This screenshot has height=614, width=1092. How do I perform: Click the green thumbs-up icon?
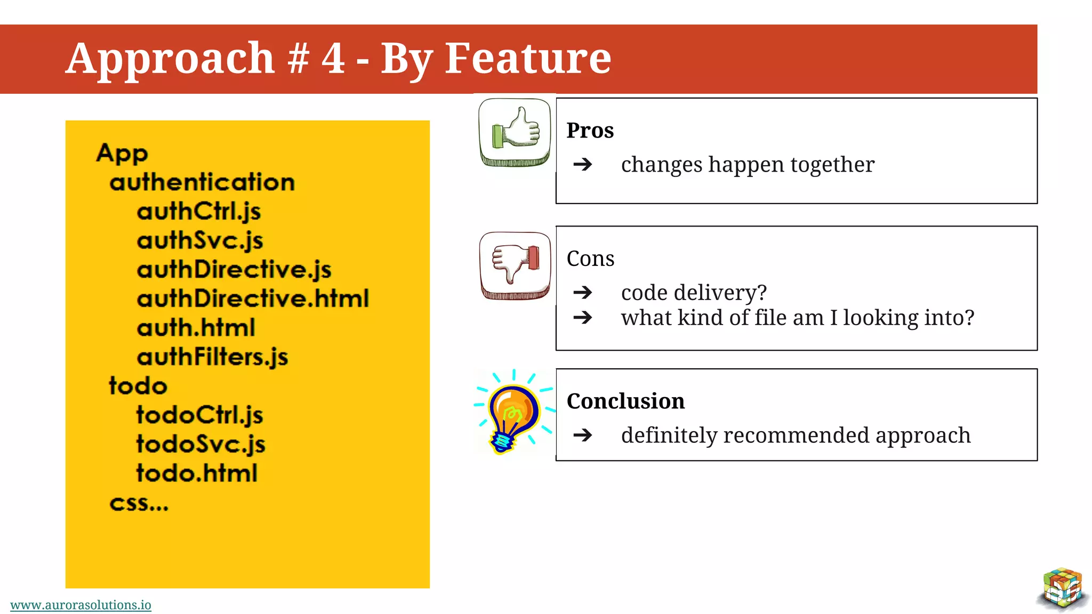pos(515,132)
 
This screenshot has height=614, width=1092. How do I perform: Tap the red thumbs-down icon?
pos(515,265)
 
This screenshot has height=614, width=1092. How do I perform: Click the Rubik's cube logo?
pos(1063,588)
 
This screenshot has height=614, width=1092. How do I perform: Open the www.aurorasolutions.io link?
pos(81,605)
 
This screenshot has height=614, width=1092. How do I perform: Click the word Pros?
pos(590,131)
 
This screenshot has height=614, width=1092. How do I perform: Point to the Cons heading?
pos(590,258)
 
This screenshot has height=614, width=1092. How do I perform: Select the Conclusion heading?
pos(625,401)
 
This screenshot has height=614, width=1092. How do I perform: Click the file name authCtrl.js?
pos(199,211)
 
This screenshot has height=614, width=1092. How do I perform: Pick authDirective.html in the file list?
pos(253,298)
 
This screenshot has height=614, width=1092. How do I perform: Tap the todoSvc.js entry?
pos(200,444)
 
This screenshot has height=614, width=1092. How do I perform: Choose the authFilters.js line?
pos(212,357)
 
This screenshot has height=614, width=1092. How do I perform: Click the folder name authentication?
pos(202,182)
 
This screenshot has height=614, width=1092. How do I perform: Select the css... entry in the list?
pos(139,503)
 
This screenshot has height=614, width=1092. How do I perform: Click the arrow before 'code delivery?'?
pos(583,292)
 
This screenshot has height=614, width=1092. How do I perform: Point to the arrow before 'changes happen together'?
pos(583,164)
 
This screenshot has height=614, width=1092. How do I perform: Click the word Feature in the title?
pos(528,58)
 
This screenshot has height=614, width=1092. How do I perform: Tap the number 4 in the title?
pos(333,58)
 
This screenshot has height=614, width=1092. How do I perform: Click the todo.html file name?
pos(197,473)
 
